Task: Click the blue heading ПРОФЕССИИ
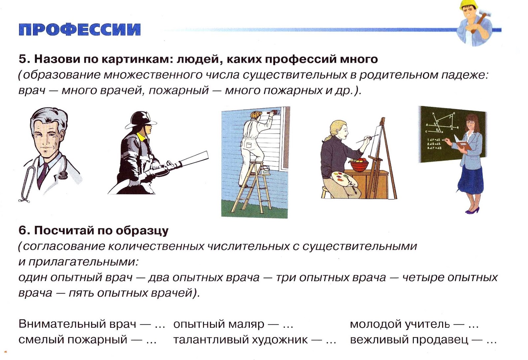pyautogui.click(x=80, y=29)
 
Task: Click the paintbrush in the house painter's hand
pyautogui.click(x=274, y=113)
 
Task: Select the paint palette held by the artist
pyautogui.click(x=344, y=180)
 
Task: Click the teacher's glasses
pyautogui.click(x=470, y=122)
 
